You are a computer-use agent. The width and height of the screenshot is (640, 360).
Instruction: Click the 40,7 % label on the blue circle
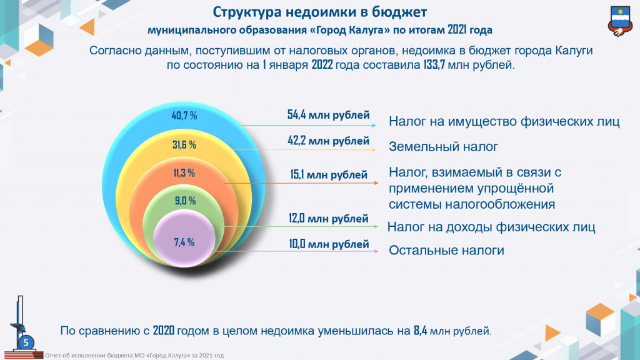[184, 116]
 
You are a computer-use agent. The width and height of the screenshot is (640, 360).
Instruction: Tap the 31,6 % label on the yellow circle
[184, 145]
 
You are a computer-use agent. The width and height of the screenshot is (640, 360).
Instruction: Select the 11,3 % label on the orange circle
[184, 173]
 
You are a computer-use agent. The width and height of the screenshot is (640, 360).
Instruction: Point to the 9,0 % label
[184, 201]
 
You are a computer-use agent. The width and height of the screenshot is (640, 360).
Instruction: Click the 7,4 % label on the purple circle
[184, 242]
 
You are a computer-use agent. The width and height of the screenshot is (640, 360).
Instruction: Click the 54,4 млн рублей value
[329, 116]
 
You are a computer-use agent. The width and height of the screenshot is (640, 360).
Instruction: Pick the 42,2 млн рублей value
[329, 141]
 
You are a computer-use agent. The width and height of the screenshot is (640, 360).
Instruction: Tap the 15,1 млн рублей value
[329, 175]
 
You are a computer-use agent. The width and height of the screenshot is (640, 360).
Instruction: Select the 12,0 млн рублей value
[329, 219]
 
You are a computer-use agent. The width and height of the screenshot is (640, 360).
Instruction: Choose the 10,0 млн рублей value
[329, 244]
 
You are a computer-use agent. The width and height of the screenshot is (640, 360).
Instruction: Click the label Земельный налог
[443, 147]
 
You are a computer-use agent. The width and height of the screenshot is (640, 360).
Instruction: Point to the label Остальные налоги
[446, 251]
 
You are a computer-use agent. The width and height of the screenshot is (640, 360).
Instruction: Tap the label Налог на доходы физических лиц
[491, 227]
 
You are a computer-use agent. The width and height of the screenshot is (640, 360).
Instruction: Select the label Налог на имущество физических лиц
[504, 121]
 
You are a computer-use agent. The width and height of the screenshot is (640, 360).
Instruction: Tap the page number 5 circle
[26, 342]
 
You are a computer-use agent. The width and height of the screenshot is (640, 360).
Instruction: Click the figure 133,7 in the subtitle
[431, 64]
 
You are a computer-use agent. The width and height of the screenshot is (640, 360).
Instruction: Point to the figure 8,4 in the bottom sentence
[420, 331]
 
